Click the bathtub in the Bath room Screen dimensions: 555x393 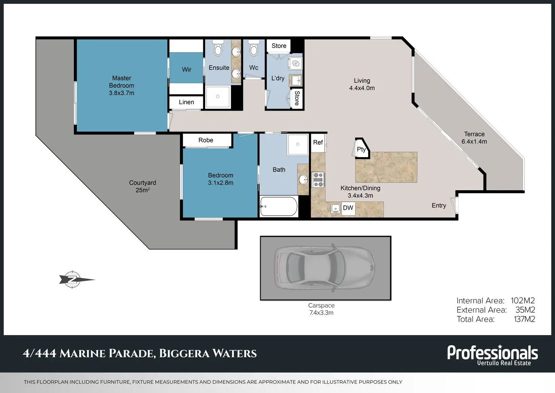pyautogui.click(x=279, y=207)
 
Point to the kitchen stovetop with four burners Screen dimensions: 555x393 pyautogui.click(x=318, y=179)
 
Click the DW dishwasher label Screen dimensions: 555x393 pyautogui.click(x=348, y=208)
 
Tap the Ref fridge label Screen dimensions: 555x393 pyautogui.click(x=318, y=142)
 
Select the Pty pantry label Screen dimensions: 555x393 pyautogui.click(x=361, y=149)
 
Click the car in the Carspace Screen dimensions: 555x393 pyautogui.click(x=325, y=268)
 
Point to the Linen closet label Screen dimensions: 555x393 pyautogui.click(x=186, y=102)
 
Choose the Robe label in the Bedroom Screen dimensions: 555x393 pyautogui.click(x=205, y=140)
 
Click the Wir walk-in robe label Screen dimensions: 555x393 pyautogui.click(x=187, y=69)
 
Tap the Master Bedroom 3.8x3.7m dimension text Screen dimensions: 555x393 pyautogui.click(x=121, y=93)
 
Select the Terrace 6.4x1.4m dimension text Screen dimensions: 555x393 pyautogui.click(x=474, y=142)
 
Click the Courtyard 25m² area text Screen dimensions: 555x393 pyautogui.click(x=143, y=190)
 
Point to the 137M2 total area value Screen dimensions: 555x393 pyautogui.click(x=524, y=319)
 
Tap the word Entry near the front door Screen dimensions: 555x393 pyautogui.click(x=439, y=206)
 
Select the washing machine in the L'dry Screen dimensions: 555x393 pyautogui.click(x=295, y=64)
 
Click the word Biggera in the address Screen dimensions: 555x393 pyautogui.click(x=184, y=353)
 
